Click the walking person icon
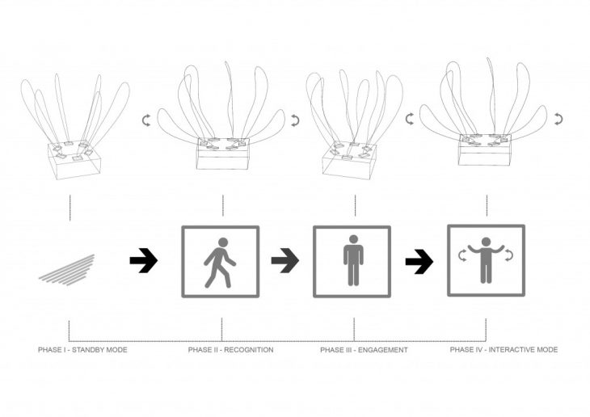coord(219,263)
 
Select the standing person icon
coord(353,260)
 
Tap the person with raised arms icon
coord(486,260)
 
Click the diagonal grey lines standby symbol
coord(67,270)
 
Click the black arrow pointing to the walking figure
coord(144,260)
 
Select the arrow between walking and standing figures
coord(285,260)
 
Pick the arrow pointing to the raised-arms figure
coord(419,261)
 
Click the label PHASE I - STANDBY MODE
coord(82,350)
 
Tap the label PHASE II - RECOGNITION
coord(230,350)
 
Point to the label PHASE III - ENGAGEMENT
coord(364,350)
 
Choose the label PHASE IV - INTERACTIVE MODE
coord(504,350)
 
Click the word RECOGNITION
coord(249,350)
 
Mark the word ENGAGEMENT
coord(382,350)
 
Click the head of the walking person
coord(223,242)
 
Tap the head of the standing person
coord(353,239)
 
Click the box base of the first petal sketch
coord(74,159)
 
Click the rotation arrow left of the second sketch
coord(146,120)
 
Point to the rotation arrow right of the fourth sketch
coord(558,119)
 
